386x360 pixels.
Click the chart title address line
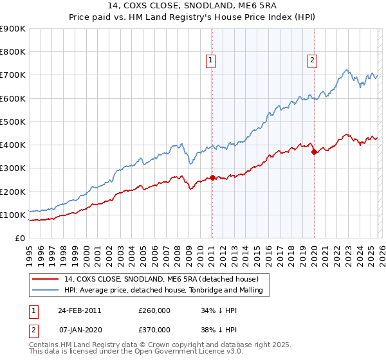[x=192, y=6]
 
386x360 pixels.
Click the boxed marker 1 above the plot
[x=211, y=61]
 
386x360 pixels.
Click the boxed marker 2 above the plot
[x=312, y=61]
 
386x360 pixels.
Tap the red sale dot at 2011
[x=212, y=177]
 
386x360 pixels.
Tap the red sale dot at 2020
[x=314, y=152]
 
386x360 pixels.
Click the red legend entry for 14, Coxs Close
[x=161, y=279]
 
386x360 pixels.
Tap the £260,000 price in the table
[x=154, y=310]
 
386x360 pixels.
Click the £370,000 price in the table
[x=154, y=329]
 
